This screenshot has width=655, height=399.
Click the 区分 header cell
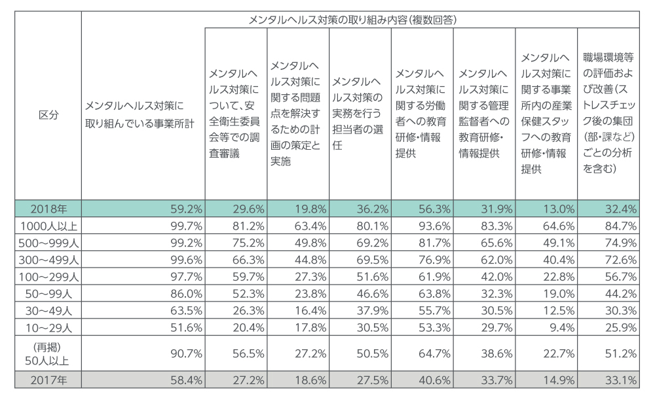(48, 114)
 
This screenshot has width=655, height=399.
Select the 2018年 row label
(48, 209)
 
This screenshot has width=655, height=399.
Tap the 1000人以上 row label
(48, 226)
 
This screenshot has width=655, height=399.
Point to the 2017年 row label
(48, 379)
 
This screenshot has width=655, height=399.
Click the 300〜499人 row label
(48, 260)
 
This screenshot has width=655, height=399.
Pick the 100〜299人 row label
(48, 277)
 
